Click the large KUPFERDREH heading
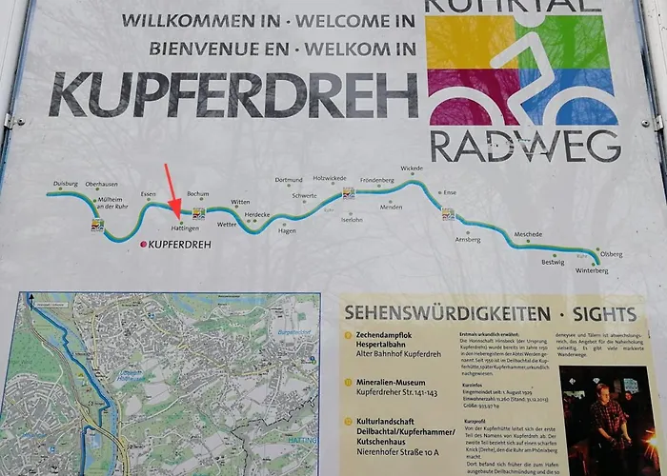(x=233, y=94)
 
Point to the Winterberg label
(x=592, y=270)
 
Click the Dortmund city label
(x=289, y=179)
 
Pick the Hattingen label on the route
(x=185, y=229)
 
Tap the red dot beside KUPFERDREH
(x=144, y=245)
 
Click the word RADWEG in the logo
(x=525, y=146)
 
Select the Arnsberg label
(x=468, y=240)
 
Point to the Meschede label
(x=528, y=234)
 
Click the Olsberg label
(x=610, y=254)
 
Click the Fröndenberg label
(x=376, y=179)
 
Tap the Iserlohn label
(x=352, y=219)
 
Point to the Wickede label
(x=412, y=169)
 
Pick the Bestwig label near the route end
(x=553, y=262)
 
